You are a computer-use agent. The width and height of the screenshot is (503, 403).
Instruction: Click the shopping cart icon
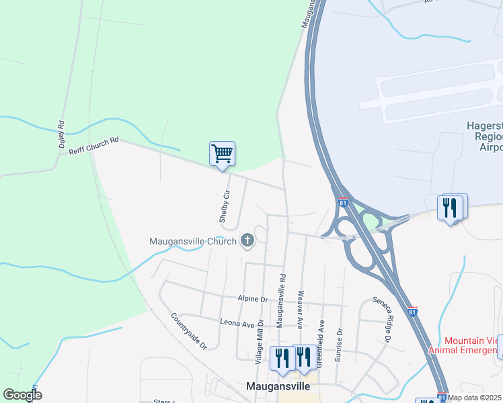(222, 154)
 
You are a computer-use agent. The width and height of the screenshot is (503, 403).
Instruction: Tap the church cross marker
(247, 240)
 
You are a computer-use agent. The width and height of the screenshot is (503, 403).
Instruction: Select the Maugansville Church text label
(192, 241)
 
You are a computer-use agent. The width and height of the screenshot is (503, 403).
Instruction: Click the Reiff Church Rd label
(93, 146)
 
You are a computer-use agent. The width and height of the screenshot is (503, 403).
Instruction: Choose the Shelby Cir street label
(225, 206)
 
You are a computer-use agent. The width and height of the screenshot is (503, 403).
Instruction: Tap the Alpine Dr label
(253, 298)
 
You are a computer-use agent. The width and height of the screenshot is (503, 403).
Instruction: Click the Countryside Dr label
(189, 331)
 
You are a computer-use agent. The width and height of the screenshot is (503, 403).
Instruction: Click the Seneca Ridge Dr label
(381, 320)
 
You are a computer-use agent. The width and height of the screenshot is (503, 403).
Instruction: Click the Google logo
(22, 395)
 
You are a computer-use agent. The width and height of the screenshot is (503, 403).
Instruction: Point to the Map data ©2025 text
(475, 398)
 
